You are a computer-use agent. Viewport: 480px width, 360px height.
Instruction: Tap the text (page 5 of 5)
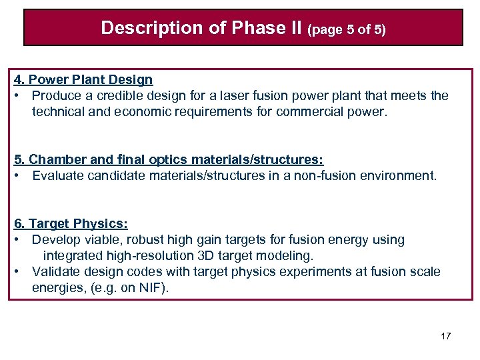345,29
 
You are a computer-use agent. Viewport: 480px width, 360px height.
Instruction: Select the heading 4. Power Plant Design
83,80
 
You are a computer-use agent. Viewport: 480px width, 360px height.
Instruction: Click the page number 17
445,336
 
